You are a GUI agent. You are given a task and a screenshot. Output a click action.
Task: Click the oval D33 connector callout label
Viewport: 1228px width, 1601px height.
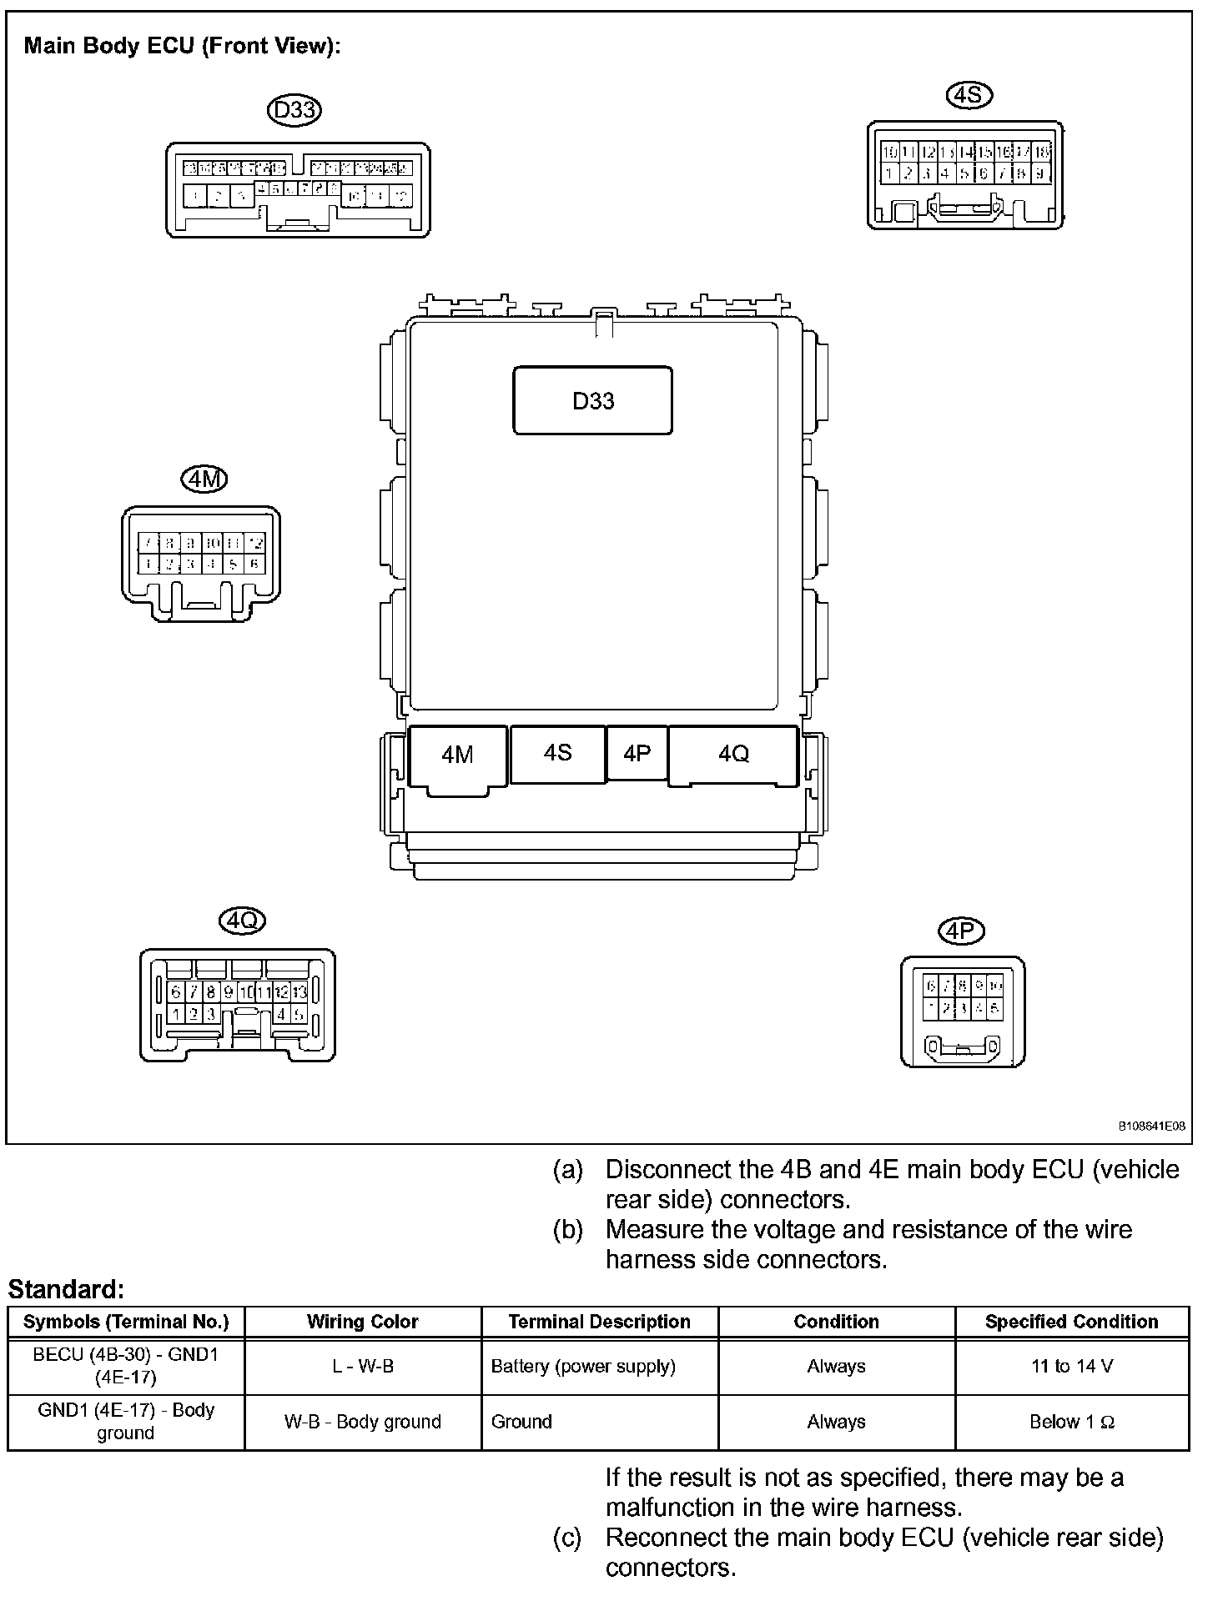pos(294,110)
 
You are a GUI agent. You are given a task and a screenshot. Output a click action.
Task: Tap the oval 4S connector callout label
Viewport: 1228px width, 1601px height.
pos(969,95)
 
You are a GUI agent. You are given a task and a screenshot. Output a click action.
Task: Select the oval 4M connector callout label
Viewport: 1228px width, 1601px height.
pos(204,479)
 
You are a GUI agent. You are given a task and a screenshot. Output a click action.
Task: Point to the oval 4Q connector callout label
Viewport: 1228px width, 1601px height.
pos(242,921)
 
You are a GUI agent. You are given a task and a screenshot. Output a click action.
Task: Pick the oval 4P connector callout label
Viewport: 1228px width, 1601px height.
pos(961,931)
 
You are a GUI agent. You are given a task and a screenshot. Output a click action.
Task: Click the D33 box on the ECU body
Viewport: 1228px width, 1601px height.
pos(592,401)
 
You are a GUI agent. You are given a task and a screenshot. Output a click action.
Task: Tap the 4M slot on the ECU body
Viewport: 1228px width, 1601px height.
pos(457,755)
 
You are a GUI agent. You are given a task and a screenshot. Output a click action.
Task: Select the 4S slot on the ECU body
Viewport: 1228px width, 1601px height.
pos(557,753)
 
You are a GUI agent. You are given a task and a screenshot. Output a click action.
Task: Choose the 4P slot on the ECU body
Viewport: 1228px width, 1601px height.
pos(637,754)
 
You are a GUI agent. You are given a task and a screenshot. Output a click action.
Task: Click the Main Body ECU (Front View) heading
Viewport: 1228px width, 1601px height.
pos(182,46)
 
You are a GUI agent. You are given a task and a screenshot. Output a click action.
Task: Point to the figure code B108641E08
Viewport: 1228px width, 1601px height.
pos(1151,1127)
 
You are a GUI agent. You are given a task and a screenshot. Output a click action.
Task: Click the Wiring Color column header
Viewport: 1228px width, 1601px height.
pos(362,1322)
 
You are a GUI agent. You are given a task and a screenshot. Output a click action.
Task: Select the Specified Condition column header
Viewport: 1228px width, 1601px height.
pos(1071,1322)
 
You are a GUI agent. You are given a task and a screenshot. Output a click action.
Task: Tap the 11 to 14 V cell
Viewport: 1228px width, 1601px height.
pos(1071,1366)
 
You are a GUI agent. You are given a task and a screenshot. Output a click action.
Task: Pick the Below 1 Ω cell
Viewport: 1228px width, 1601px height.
pos(1071,1422)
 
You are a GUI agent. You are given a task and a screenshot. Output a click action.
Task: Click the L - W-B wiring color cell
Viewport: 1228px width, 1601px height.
pos(362,1366)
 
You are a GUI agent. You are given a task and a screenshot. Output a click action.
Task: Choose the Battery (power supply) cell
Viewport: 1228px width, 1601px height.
pos(583,1366)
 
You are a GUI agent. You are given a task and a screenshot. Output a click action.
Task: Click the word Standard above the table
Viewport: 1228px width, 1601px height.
pos(66,1290)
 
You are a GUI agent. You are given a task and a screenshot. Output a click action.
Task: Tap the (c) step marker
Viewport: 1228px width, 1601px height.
pos(567,1538)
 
